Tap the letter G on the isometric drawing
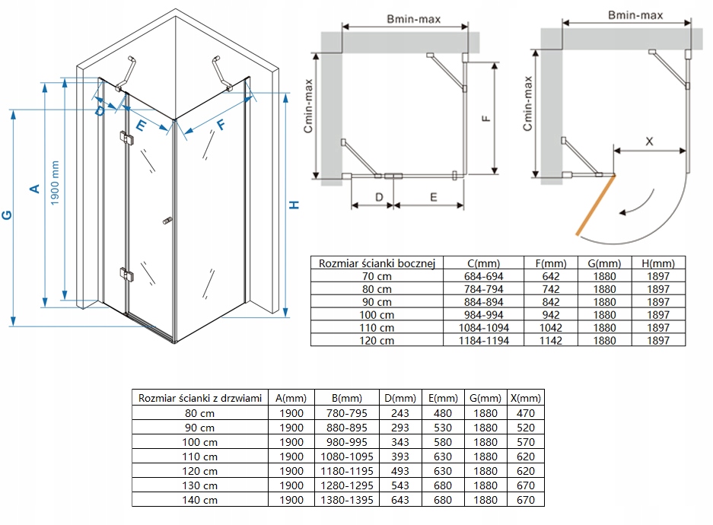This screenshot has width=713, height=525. [7, 216]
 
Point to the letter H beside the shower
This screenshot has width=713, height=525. [296, 205]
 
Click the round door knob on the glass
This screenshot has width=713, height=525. [165, 221]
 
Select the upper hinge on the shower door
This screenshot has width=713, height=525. [126, 137]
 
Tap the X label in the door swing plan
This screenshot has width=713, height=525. [649, 142]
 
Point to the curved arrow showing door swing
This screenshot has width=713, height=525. [637, 204]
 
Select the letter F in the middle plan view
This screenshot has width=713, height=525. [488, 118]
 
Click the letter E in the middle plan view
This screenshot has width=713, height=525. [432, 196]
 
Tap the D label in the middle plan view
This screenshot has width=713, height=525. [379, 196]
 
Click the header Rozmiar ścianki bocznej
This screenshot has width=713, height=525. [377, 263]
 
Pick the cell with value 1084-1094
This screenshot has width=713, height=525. [484, 328]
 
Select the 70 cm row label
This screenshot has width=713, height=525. [377, 276]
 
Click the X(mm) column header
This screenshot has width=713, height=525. [525, 398]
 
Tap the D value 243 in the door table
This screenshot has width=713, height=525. [399, 413]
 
